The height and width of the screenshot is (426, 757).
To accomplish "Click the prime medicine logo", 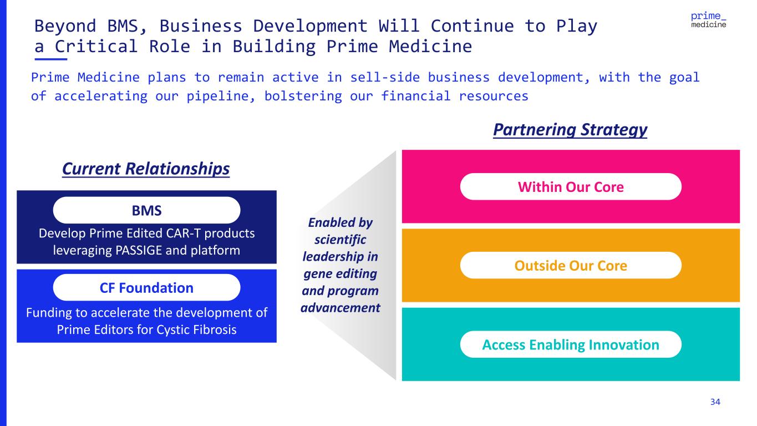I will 709,19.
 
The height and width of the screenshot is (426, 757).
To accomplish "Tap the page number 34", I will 715,402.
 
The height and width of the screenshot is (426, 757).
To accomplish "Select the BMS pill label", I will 146,210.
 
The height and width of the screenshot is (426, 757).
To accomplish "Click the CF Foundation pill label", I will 146,288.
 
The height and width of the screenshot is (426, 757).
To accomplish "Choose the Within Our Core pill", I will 571,187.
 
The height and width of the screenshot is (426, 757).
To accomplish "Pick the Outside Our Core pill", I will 571,266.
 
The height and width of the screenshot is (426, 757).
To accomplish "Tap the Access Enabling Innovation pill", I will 571,344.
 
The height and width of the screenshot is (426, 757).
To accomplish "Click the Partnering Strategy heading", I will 570,130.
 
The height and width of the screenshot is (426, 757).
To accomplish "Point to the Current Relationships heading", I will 146,169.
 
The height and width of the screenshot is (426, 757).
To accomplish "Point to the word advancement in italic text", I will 341,307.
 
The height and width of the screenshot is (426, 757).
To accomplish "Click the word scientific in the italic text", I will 341,241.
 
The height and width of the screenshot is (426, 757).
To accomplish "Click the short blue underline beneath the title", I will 50,58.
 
